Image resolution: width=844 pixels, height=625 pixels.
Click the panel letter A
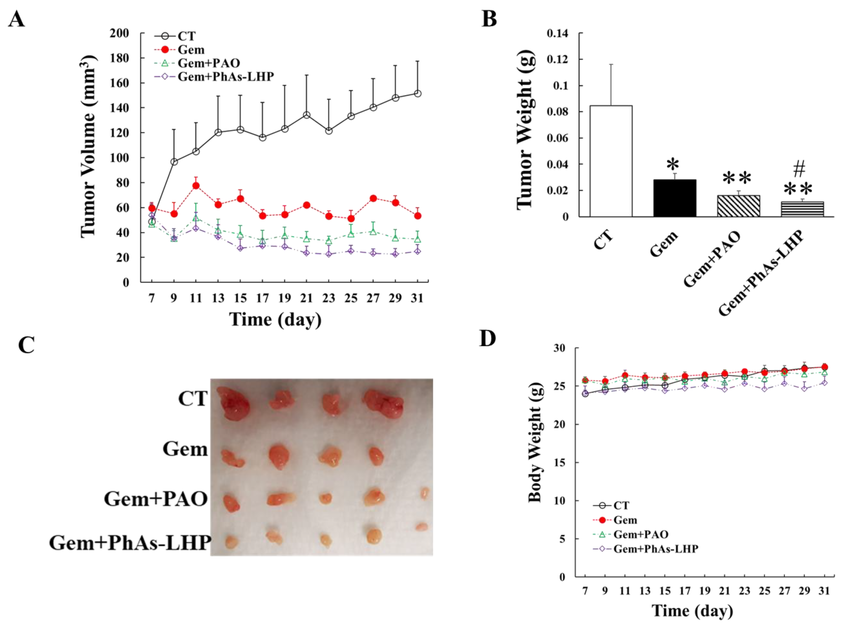pos(16,19)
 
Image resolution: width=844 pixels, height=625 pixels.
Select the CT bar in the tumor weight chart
pos(611,161)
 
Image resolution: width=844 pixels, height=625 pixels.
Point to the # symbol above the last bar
pos(799,169)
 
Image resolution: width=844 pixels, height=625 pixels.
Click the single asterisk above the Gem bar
pos(673,165)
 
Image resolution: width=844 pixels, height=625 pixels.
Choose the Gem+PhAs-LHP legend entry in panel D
pos(655,549)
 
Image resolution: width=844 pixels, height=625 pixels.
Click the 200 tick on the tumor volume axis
pos(120,33)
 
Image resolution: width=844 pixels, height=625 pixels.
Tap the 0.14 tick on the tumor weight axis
pos(557,34)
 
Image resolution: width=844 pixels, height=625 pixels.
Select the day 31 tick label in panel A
pos(417,298)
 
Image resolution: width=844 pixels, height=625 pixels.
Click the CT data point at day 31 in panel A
pos(417,94)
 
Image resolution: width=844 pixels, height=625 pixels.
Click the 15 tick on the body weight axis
pos(559,462)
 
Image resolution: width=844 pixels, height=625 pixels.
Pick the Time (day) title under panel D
pos(692,611)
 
